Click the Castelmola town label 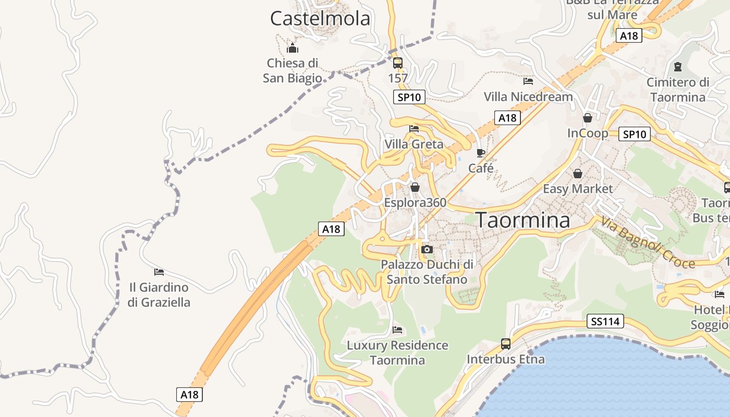tap(320, 19)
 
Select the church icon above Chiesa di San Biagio tap(293, 48)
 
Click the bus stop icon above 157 tap(398, 63)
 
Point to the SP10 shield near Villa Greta tap(409, 97)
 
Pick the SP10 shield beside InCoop tap(634, 134)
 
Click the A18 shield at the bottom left tap(189, 395)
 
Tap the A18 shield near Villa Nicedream tap(507, 118)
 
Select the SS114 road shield tap(605, 322)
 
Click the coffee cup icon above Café tap(481, 153)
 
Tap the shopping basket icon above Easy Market tap(578, 174)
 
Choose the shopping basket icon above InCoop tap(588, 118)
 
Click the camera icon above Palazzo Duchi tap(427, 250)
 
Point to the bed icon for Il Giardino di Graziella tap(159, 272)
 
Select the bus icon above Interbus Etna tap(506, 344)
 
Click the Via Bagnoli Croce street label tap(648, 243)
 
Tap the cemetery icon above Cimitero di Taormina tap(678, 67)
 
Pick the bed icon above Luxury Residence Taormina tap(397, 330)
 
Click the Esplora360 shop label tap(415, 202)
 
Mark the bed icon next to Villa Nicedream tap(528, 81)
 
